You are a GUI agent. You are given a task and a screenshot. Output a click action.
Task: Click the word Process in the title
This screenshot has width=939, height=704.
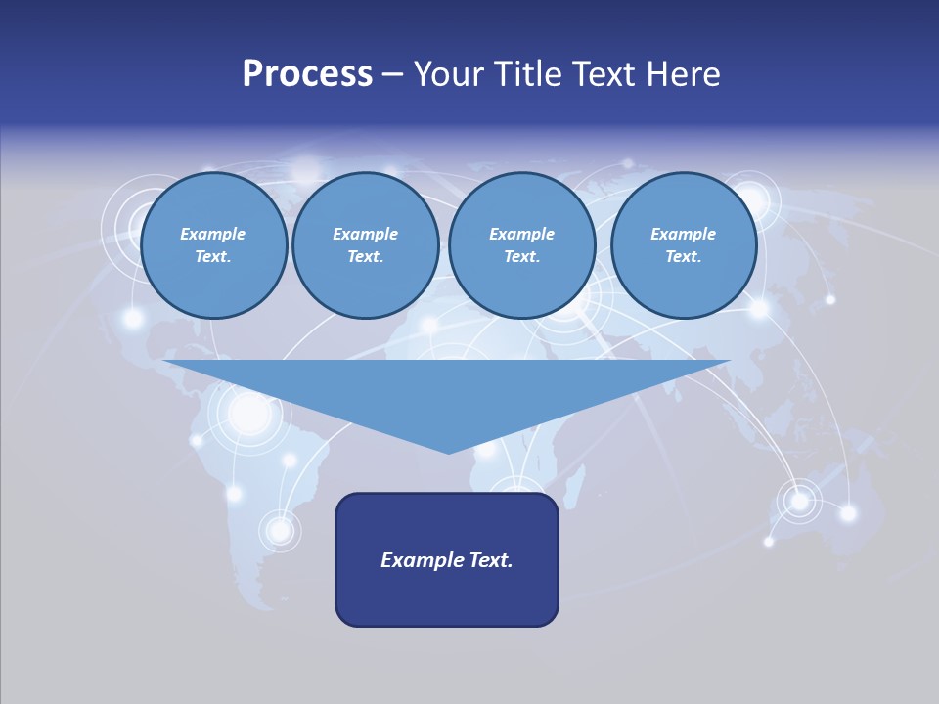click(307, 74)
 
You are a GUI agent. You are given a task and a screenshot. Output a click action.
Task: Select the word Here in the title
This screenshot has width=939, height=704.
click(685, 74)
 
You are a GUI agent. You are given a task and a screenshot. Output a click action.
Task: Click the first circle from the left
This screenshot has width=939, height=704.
click(213, 245)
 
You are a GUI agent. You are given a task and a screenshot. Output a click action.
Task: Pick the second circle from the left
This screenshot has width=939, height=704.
click(365, 245)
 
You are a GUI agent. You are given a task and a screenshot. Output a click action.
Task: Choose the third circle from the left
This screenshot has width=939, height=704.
click(521, 245)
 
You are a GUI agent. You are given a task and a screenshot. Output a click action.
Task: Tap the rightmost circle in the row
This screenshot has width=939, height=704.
click(683, 245)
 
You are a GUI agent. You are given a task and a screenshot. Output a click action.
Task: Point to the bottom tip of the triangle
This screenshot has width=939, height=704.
click(449, 452)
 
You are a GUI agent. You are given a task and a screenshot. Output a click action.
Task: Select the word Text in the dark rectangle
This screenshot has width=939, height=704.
click(491, 560)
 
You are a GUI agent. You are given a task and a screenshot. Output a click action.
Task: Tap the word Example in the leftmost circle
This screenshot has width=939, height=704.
click(213, 234)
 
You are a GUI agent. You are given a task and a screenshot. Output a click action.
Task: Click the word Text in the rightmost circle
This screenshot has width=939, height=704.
click(683, 257)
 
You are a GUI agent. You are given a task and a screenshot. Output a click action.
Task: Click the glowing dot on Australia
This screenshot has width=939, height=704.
click(800, 501)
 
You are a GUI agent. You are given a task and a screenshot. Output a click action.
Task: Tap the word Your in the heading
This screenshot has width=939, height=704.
click(448, 74)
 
